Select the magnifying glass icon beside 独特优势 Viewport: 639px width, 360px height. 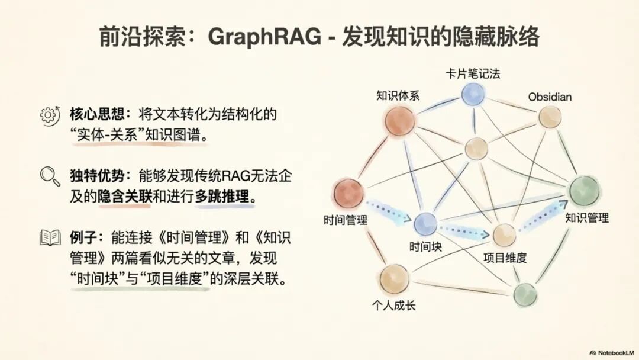(x=50, y=176)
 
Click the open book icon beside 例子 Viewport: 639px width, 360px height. (x=50, y=237)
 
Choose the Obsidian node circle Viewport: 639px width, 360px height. (x=549, y=117)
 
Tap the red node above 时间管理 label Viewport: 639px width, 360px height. (x=348, y=194)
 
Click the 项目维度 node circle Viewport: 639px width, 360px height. (x=504, y=234)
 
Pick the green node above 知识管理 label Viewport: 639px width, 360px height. (x=585, y=191)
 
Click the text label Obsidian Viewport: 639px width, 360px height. (x=550, y=97)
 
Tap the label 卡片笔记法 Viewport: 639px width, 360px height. (x=473, y=74)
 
